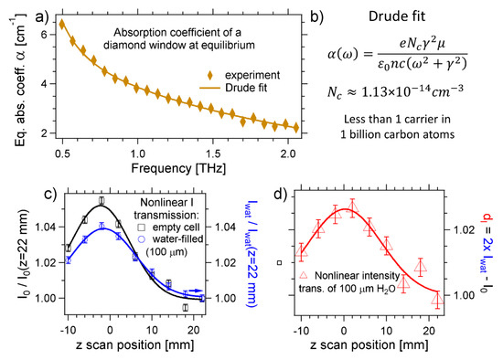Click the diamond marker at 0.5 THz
pyautogui.click(x=62, y=24)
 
